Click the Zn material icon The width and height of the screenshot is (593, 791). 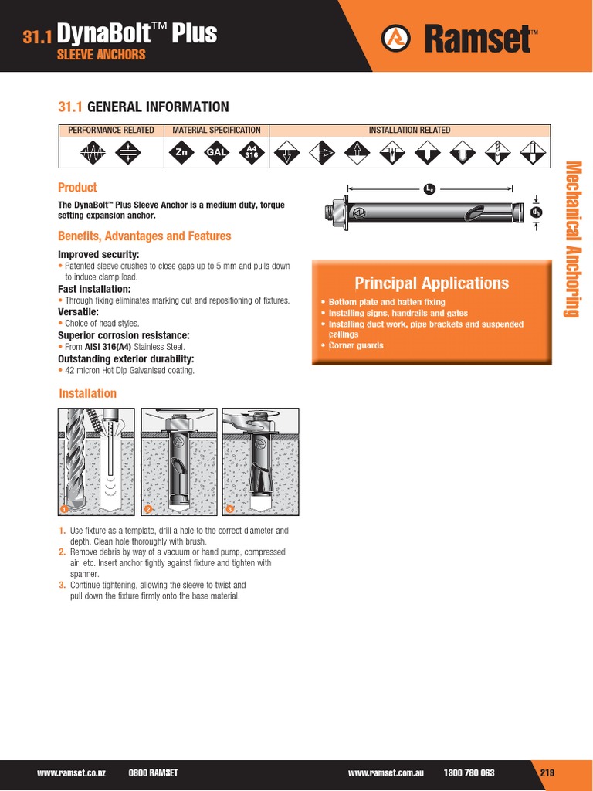pyautogui.click(x=182, y=153)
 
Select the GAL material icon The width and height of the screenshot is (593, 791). pyautogui.click(x=216, y=153)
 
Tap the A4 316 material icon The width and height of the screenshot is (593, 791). pyautogui.click(x=250, y=153)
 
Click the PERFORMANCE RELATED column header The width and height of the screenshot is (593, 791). pyautogui.click(x=111, y=131)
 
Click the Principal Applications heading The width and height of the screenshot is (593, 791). pyautogui.click(x=432, y=283)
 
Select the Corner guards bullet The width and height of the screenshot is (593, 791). pyautogui.click(x=356, y=345)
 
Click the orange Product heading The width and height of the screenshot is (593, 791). pyautogui.click(x=78, y=187)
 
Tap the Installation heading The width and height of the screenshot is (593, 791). pyautogui.click(x=88, y=393)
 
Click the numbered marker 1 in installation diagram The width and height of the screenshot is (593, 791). pyautogui.click(x=64, y=509)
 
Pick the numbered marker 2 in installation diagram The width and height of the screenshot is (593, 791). pyautogui.click(x=147, y=509)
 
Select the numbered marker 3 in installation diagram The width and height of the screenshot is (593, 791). pyautogui.click(x=229, y=509)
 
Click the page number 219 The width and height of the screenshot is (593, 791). pyautogui.click(x=547, y=772)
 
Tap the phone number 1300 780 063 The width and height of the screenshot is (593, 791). pyautogui.click(x=469, y=772)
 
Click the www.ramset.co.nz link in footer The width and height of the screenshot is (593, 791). pyautogui.click(x=72, y=772)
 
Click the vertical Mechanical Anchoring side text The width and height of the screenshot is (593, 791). pyautogui.click(x=572, y=239)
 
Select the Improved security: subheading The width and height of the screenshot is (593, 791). pyautogui.click(x=99, y=254)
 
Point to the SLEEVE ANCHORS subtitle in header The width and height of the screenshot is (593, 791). pyautogui.click(x=101, y=55)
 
